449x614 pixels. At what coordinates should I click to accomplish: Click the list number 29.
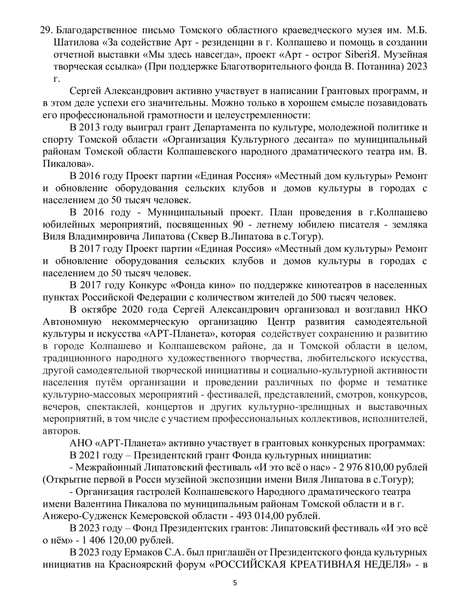[x=45, y=30]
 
